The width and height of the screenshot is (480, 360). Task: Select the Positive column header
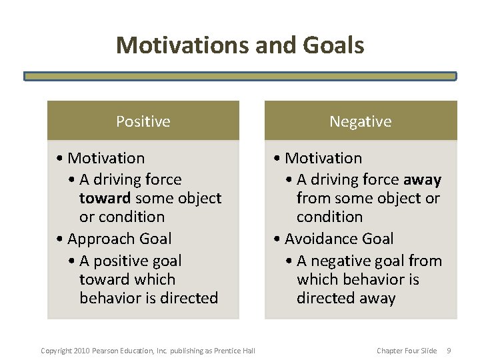[x=143, y=121]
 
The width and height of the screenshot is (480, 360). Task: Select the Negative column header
[x=360, y=121]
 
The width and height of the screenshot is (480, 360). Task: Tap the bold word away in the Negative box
[x=422, y=179]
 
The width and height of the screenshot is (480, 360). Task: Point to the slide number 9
[x=449, y=351]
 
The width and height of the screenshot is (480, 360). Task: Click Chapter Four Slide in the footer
[x=407, y=351]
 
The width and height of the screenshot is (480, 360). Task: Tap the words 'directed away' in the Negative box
[x=345, y=298]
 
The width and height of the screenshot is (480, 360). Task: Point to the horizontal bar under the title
[x=240, y=76]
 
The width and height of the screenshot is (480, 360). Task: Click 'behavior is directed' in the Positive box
[x=149, y=298]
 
